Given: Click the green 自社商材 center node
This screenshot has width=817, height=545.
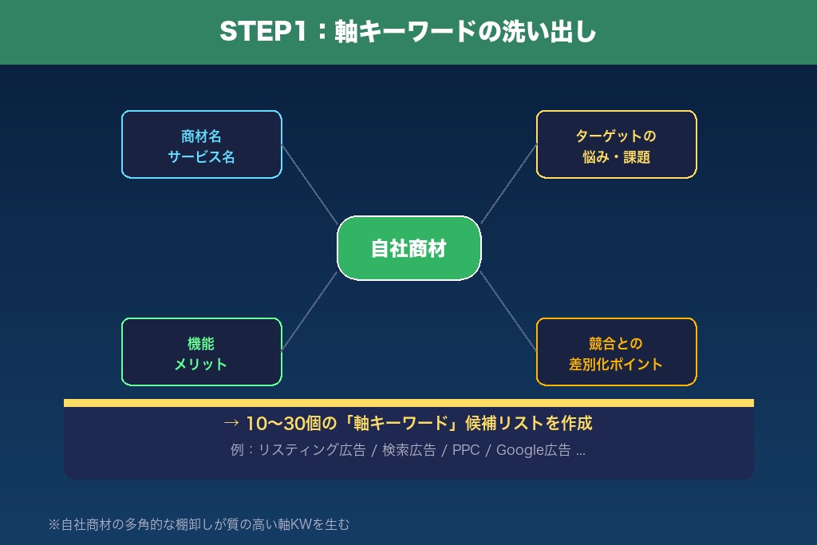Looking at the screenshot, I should click(x=408, y=248).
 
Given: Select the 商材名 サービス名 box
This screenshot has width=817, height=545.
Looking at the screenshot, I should click(x=201, y=144).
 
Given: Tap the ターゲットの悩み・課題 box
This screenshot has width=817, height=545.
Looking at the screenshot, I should click(x=616, y=144).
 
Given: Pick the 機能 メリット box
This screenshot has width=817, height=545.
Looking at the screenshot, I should click(x=201, y=352).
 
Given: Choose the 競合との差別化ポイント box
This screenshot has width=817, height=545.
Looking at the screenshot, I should click(x=616, y=352).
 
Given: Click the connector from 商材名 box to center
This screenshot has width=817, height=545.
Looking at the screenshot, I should click(x=310, y=184).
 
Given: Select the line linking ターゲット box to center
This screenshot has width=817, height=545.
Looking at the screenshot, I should click(x=508, y=184).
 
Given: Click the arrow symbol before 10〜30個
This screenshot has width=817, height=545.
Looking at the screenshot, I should click(x=231, y=423).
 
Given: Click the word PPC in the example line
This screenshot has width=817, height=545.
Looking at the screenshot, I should click(x=466, y=450).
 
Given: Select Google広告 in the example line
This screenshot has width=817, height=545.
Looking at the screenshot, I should click(x=533, y=450).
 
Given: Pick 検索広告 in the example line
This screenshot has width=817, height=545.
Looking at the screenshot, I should click(x=408, y=450).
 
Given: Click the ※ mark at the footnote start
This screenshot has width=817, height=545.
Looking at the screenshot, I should click(x=54, y=525).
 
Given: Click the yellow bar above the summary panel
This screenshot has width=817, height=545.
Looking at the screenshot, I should click(x=408, y=403).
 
